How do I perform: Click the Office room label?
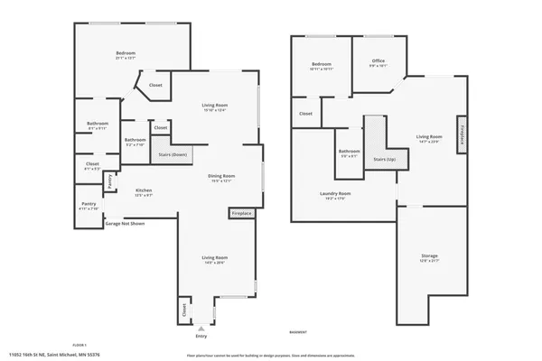coord(378,63)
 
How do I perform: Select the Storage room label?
coord(429,258)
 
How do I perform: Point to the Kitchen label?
coord(144,191)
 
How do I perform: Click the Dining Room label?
coord(222,178)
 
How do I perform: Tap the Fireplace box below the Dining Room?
coord(241,214)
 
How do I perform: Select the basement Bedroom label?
coord(322,65)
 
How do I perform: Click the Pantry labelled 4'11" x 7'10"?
coord(89,207)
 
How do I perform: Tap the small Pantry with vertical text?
coord(110,181)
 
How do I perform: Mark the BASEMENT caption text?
coord(299,331)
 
